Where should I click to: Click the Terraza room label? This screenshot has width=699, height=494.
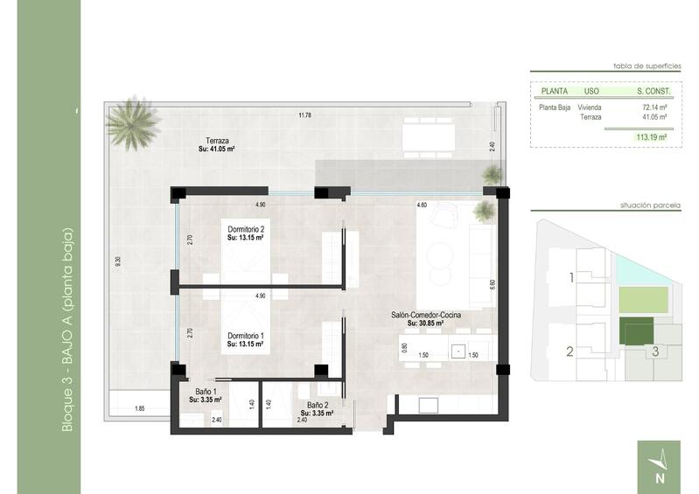218,141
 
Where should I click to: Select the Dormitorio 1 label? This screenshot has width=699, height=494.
246,336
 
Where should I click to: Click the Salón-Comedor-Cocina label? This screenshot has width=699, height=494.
427,314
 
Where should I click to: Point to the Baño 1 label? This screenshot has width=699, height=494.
206,391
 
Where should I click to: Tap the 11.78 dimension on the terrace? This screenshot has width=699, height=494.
304,115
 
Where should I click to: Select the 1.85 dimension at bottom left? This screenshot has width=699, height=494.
139,408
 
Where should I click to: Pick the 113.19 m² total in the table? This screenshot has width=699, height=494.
652,136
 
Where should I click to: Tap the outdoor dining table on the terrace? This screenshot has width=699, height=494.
429,136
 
